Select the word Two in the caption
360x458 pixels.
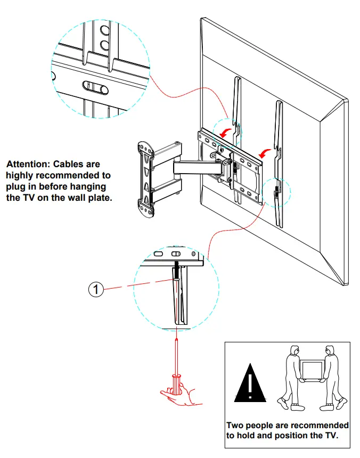pos(235,426)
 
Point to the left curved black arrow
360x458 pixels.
pos(228,132)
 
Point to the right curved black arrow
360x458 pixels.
pos(264,153)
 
